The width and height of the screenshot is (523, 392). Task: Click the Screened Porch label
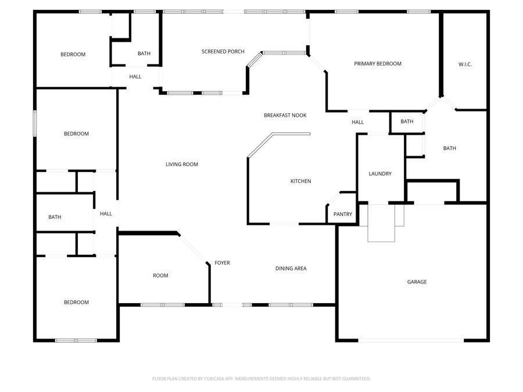coord(223,52)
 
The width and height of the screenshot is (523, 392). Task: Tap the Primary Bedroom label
coord(378,64)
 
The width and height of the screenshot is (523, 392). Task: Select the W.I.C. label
coord(465,64)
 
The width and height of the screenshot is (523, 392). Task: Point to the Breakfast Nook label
coord(285,116)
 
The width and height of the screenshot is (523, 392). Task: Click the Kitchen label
coord(300,181)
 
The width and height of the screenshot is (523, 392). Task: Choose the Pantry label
coord(343,214)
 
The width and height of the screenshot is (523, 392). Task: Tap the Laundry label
coord(380,174)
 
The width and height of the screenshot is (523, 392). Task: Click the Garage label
coord(417,282)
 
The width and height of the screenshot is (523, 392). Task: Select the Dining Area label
coord(291,268)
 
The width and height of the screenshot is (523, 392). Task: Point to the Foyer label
coord(222,263)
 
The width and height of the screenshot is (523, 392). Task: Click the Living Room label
coord(182,164)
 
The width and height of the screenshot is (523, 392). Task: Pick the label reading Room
coord(160,275)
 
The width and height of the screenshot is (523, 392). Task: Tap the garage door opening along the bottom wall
coord(411,340)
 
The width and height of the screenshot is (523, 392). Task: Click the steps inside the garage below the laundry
coord(382,223)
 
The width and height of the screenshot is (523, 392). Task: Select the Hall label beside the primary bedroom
coord(357,122)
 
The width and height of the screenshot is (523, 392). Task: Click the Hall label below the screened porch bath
coord(135,77)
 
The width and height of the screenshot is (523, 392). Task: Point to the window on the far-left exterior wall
coord(35,124)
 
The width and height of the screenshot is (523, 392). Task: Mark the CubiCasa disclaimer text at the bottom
coord(261,379)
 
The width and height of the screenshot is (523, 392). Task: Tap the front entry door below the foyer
coord(232,304)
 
